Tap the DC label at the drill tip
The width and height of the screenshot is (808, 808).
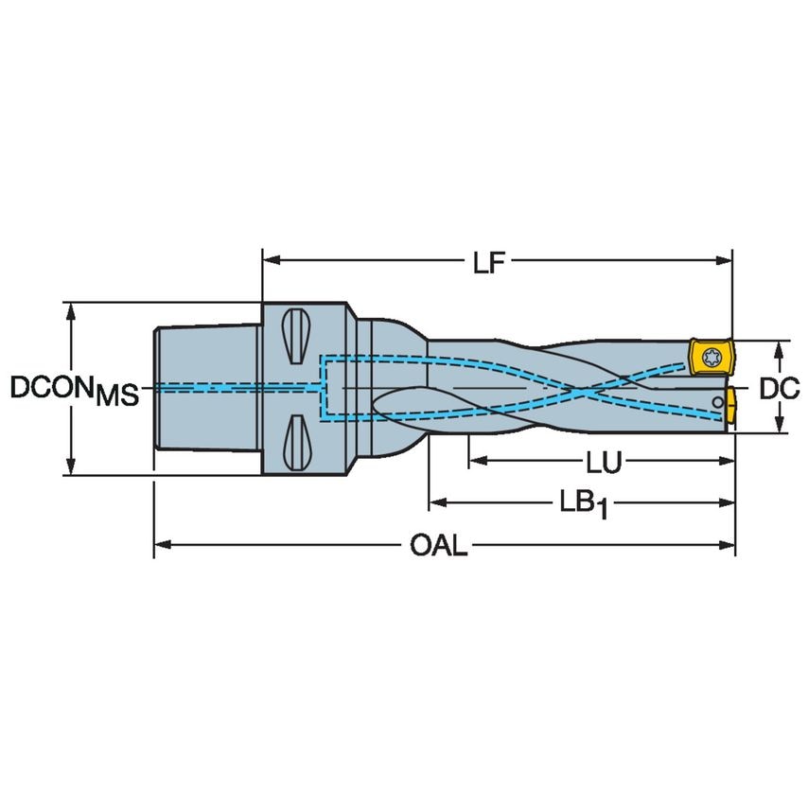click(780, 387)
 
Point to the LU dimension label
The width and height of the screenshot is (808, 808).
click(603, 462)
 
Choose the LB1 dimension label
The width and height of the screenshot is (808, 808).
click(582, 503)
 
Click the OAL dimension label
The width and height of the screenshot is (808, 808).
click(439, 546)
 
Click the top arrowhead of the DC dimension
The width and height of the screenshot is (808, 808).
click(778, 347)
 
